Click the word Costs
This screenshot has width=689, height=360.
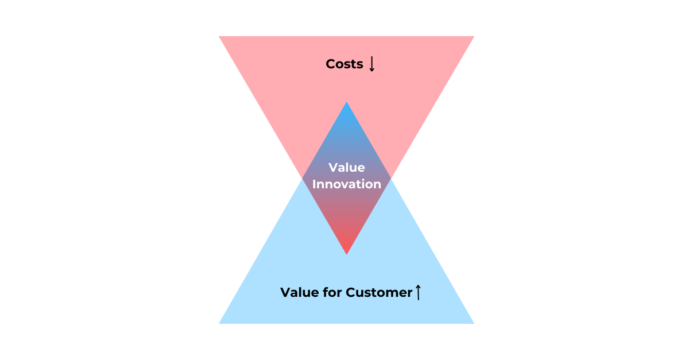[x=344, y=64]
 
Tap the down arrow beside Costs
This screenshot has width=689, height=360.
[x=371, y=64]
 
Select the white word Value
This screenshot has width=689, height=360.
[x=346, y=168]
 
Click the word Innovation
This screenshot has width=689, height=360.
[x=346, y=184]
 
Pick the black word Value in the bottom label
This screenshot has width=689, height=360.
[x=298, y=292]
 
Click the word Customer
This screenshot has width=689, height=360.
[x=379, y=292]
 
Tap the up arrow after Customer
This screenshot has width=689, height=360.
[x=418, y=292]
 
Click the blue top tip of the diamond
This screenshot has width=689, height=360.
[x=346, y=104]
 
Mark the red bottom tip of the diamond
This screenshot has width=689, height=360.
[x=346, y=252]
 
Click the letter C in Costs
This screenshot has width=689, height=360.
[x=330, y=64]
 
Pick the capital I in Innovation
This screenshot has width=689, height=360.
[x=314, y=184]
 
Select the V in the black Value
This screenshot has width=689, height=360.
[x=285, y=292]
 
